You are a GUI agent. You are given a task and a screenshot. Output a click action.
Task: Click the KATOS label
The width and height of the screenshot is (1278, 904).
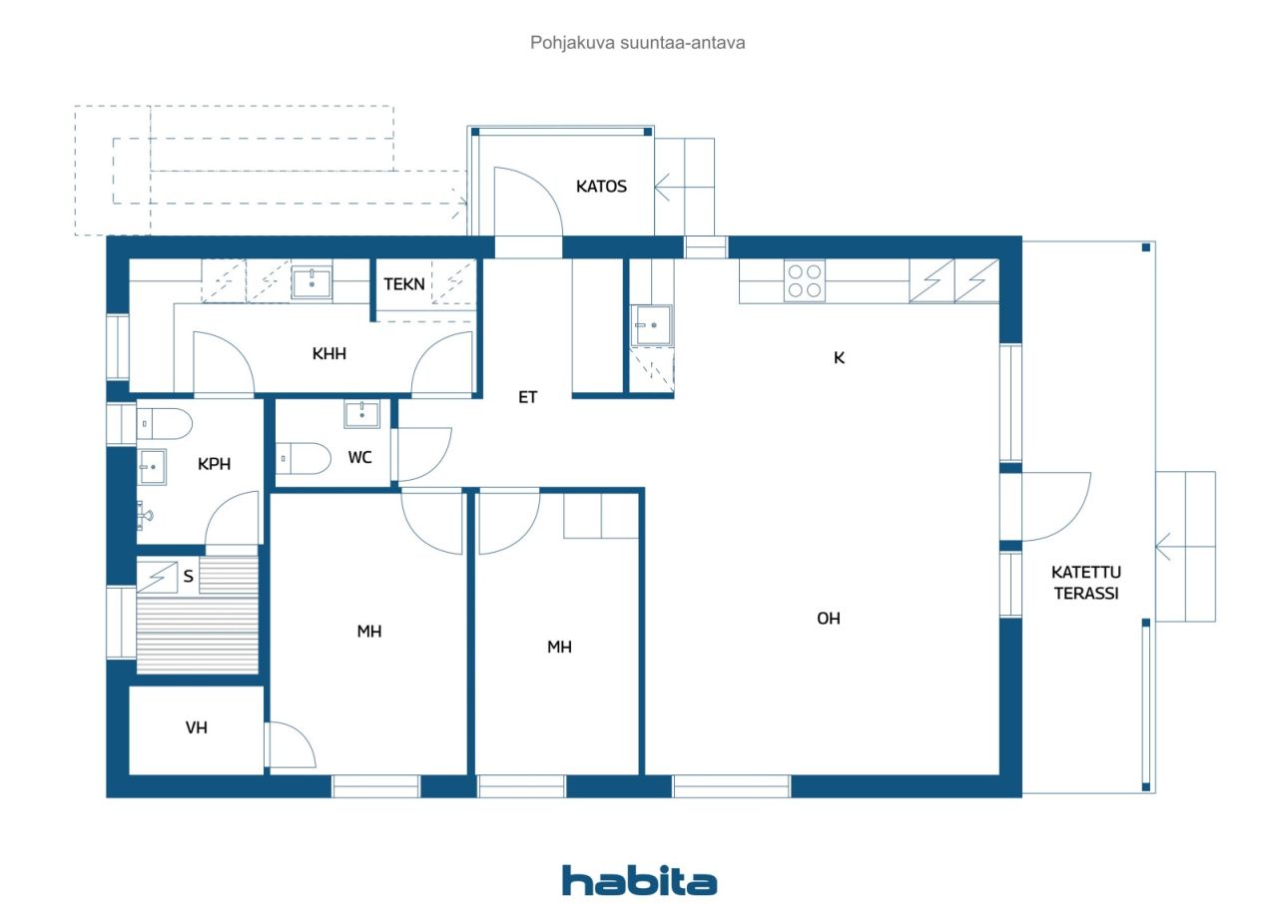tap(601, 187)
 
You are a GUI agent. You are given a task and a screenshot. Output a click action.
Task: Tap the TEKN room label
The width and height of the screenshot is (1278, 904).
tap(404, 283)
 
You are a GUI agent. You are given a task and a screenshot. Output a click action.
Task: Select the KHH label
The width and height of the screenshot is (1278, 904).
tap(329, 353)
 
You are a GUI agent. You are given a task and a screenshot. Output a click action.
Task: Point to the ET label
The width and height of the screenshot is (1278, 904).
tap(528, 397)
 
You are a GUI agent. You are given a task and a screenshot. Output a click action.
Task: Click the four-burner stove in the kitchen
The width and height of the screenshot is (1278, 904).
tap(805, 280)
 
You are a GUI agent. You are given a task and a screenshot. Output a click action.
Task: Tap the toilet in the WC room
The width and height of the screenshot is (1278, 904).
tap(304, 458)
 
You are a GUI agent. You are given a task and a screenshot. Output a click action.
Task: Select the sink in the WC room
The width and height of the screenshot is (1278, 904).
tap(361, 413)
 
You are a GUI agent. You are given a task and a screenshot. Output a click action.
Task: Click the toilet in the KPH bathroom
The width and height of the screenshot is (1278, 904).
tap(165, 423)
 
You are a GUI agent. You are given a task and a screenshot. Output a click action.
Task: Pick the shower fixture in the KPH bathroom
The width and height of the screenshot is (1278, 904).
tap(145, 515)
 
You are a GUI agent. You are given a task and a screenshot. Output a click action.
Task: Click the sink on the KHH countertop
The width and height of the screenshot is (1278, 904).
tap(312, 282)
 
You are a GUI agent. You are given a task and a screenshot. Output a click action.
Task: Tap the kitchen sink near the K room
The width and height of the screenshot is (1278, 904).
tap(652, 325)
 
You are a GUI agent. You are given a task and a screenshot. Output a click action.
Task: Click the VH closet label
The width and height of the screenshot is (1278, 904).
tap(197, 727)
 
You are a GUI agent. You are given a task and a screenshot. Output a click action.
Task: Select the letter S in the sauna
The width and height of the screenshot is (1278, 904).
tap(189, 576)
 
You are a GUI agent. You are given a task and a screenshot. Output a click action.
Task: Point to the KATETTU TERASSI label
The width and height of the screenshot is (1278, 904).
tap(1086, 583)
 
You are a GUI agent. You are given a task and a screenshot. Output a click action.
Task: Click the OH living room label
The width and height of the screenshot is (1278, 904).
tap(829, 619)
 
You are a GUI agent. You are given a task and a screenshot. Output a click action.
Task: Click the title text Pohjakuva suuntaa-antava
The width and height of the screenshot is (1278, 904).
tap(637, 43)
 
